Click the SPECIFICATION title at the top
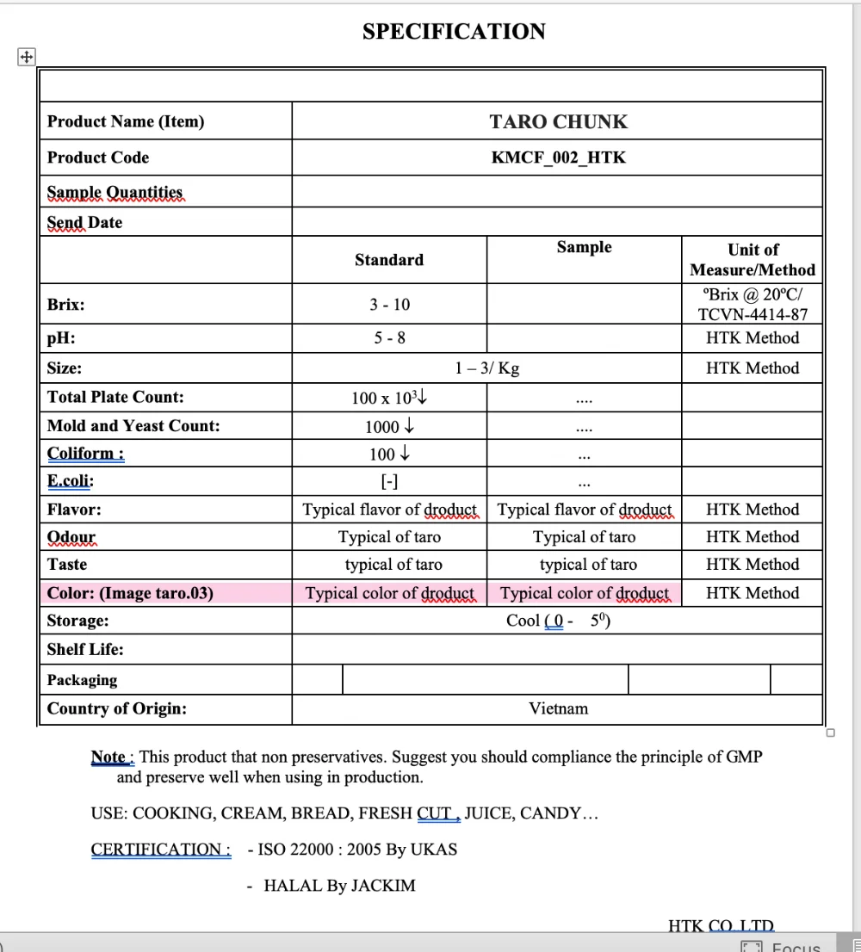454,32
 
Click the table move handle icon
26,57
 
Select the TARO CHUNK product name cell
558,121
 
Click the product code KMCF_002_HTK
558,158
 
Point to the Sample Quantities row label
115,192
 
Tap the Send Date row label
84,222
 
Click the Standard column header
389,260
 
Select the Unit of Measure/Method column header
753,259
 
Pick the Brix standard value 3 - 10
389,305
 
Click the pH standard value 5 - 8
389,338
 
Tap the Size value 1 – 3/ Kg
487,368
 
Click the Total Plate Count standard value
389,398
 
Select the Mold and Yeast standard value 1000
389,426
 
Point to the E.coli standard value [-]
389,482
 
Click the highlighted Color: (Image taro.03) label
130,593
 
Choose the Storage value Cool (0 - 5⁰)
558,621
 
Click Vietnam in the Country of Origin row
558,709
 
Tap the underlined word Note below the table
108,757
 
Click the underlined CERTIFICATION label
160,850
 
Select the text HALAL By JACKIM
339,886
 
